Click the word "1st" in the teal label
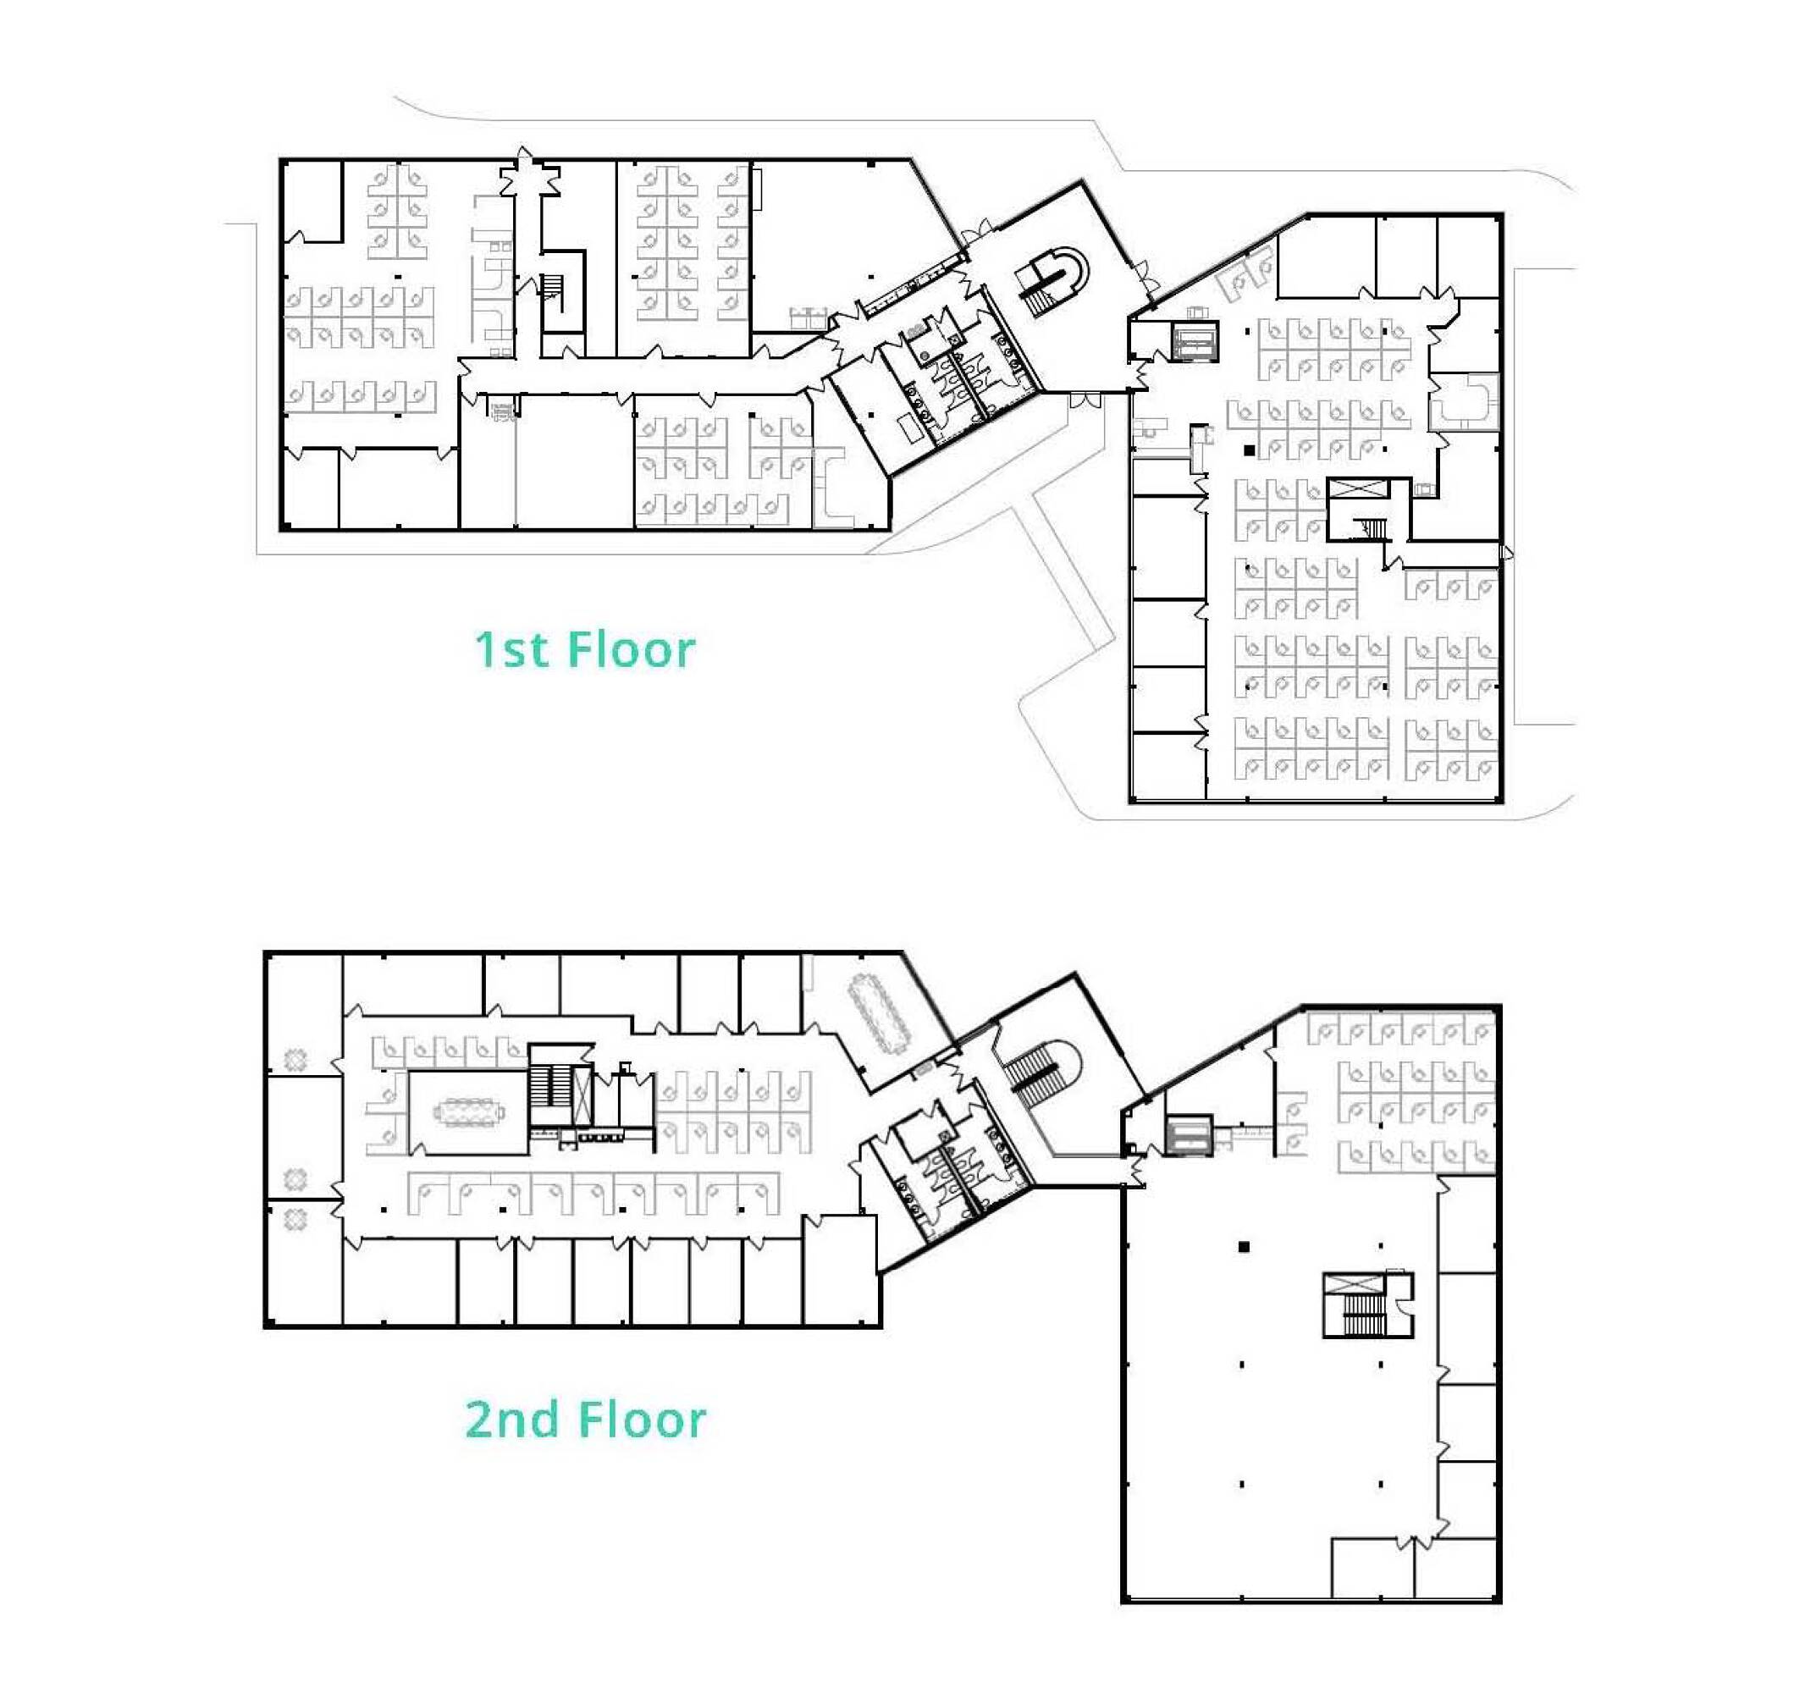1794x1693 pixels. (x=510, y=650)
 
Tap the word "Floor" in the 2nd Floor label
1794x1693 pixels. (x=642, y=1420)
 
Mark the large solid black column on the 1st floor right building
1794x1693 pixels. (x=1249, y=449)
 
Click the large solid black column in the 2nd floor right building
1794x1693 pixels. (x=1244, y=1247)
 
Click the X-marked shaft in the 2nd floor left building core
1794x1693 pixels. (x=584, y=1095)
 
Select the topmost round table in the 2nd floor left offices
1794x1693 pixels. (x=296, y=1060)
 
